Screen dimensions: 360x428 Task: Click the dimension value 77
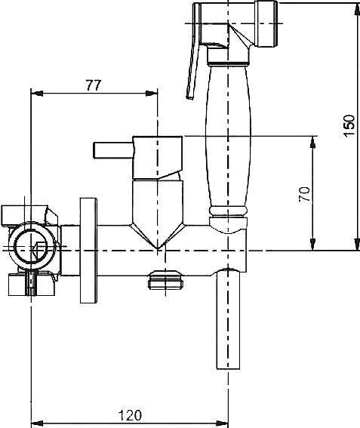pos(94,85)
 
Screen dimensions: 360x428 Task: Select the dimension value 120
pos(131,415)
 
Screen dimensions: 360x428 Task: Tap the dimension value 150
pos(349,126)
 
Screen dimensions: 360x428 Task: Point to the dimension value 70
pos(305,194)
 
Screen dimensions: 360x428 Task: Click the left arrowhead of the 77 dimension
pos(37,94)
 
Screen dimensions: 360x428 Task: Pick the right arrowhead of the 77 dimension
pos(152,94)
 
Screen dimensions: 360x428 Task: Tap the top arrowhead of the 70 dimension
pos(313,142)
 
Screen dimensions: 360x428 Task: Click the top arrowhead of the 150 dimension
pos(357,9)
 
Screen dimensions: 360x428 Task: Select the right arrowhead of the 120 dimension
pos(222,423)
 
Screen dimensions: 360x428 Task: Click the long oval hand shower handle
pos(228,137)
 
